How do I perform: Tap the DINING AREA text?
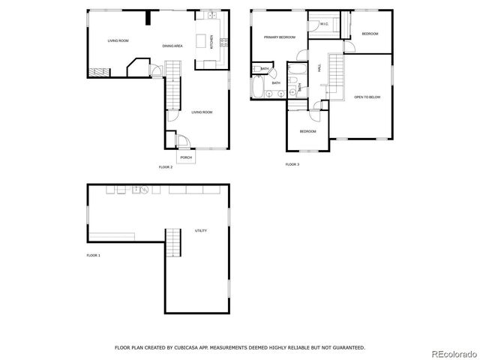[173, 46]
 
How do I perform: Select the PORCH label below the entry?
[186, 157]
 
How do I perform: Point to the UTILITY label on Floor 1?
[201, 230]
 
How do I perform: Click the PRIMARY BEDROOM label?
[279, 37]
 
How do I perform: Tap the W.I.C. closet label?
[324, 25]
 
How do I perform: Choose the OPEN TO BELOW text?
[367, 97]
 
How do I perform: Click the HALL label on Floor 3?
[319, 67]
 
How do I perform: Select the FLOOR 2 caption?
[166, 166]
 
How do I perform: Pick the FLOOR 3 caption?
[292, 163]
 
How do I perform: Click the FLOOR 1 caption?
[93, 256]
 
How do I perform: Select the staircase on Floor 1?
[173, 243]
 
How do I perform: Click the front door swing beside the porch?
[183, 140]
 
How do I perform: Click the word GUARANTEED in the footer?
[348, 347]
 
